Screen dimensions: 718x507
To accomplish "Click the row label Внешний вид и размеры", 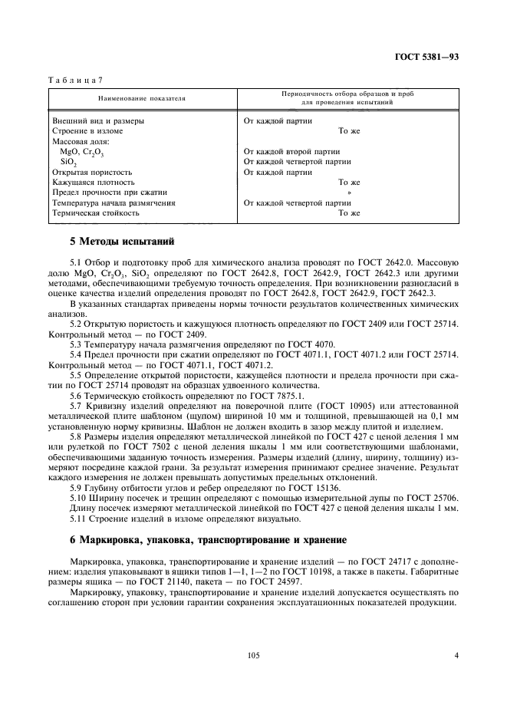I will point(97,121).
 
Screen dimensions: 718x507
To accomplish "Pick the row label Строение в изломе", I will point(87,131).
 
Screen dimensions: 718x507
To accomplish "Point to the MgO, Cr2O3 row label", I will point(81,152).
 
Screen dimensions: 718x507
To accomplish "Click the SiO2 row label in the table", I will point(68,163).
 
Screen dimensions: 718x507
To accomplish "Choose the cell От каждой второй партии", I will point(286,152).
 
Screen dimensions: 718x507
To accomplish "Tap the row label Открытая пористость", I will point(92,173).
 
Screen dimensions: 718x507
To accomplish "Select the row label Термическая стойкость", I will point(96,213).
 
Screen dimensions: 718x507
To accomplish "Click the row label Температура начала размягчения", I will point(114,203).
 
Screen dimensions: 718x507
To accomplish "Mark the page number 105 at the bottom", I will point(255,655).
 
